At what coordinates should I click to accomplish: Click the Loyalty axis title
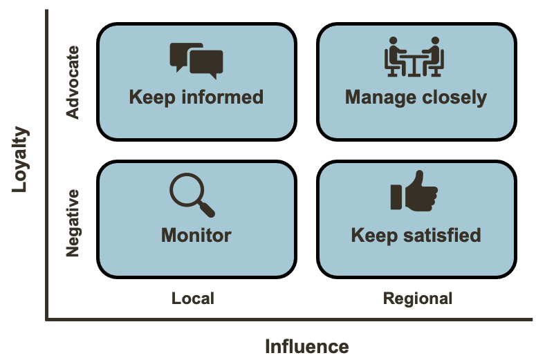pos(21,158)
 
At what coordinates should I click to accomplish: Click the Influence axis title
pos(306,345)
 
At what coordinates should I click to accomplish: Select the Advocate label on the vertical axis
pos(73,82)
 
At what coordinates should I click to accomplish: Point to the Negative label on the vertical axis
pos(73,223)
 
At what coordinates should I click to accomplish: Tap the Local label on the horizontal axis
pos(193,299)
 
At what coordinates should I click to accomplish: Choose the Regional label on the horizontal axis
pos(418,299)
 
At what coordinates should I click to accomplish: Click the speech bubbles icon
pos(196,60)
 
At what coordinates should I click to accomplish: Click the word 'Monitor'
pos(196,235)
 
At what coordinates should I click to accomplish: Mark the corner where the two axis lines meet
pos(47,320)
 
